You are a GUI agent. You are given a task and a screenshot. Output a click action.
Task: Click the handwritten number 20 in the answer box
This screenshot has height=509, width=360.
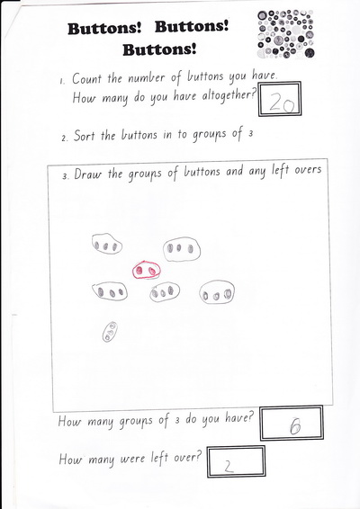(282, 103)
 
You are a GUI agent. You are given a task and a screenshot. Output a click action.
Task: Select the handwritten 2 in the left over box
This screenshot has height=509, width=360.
(229, 466)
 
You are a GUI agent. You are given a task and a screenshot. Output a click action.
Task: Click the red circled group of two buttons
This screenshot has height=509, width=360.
(146, 270)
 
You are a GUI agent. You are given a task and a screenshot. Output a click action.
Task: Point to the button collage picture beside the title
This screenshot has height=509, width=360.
(286, 34)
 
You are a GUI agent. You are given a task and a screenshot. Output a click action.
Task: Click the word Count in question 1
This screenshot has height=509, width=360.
(86, 78)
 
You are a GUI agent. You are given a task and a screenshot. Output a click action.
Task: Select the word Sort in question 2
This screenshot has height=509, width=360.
(84, 135)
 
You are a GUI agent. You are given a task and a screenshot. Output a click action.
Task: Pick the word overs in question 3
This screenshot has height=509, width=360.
(308, 170)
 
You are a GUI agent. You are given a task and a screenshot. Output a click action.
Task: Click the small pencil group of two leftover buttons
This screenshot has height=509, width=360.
(110, 332)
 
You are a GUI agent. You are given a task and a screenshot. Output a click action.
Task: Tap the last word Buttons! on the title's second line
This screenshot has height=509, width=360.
(159, 50)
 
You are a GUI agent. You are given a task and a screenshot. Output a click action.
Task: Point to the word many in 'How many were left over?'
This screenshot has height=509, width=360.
(101, 460)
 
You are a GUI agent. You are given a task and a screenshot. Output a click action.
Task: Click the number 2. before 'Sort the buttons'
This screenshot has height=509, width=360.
(64, 138)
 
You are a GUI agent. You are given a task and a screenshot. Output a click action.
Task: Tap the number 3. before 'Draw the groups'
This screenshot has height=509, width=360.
(66, 176)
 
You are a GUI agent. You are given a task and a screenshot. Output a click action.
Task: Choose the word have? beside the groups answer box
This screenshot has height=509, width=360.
(238, 419)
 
